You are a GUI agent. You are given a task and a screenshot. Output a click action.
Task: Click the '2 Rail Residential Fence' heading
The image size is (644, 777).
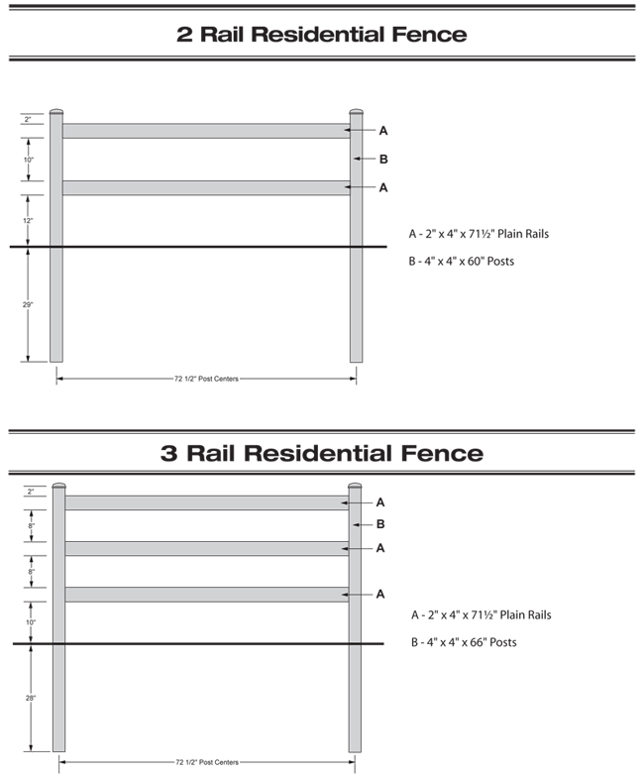[x=321, y=34]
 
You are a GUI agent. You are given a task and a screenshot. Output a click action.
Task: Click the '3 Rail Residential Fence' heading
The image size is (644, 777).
[x=321, y=454]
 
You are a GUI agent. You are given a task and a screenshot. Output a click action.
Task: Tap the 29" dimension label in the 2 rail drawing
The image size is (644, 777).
[x=29, y=304]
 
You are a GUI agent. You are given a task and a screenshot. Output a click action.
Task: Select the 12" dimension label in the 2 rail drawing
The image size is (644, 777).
[x=29, y=220]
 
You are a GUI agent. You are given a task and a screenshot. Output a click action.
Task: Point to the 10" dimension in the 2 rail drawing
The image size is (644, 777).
[x=29, y=160]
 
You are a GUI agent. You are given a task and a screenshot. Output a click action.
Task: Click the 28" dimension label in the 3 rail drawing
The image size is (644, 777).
[x=31, y=698]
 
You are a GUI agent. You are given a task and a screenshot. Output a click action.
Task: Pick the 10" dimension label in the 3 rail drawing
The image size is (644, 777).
[x=31, y=622]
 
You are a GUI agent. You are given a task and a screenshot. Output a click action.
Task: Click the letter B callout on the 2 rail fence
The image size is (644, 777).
[x=383, y=159]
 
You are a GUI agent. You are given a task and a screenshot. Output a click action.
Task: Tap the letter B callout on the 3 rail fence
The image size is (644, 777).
[x=379, y=524]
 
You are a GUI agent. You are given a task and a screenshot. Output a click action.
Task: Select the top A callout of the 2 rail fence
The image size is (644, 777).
[x=383, y=130]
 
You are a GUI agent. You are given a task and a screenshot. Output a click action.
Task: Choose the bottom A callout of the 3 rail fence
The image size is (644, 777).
[x=379, y=594]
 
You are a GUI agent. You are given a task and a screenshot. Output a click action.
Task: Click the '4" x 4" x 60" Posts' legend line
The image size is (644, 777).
[x=462, y=262]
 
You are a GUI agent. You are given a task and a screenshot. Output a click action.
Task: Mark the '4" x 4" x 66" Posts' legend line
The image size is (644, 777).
[x=463, y=642]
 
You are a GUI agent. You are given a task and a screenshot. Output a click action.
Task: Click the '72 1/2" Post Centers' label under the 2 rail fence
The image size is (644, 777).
[x=206, y=378]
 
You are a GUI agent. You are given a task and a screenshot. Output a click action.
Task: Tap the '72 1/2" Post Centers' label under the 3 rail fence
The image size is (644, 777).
[x=206, y=762]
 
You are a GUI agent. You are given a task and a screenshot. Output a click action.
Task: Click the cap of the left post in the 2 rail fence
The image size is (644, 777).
[x=56, y=112]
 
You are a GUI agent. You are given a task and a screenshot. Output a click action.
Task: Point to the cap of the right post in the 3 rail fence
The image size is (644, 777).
[x=355, y=486]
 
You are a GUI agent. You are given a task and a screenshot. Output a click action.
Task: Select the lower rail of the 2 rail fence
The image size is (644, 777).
[x=205, y=187]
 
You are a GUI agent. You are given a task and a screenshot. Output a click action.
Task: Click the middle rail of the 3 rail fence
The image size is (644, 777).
[x=206, y=548]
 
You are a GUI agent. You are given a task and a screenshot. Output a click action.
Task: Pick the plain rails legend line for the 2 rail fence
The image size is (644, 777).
[x=479, y=234]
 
